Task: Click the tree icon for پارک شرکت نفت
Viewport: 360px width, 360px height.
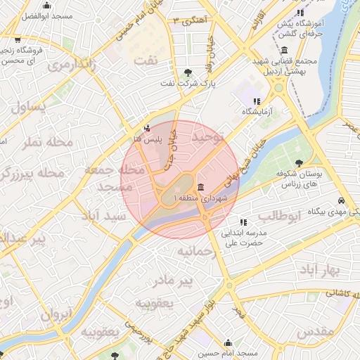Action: pos(188,72)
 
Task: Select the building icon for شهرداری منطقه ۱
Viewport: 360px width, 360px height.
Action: pos(202,187)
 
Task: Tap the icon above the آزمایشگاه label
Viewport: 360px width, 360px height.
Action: pos(265,101)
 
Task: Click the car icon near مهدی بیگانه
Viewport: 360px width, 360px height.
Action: pos(340,200)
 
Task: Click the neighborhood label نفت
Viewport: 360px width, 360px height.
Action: pos(146,60)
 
